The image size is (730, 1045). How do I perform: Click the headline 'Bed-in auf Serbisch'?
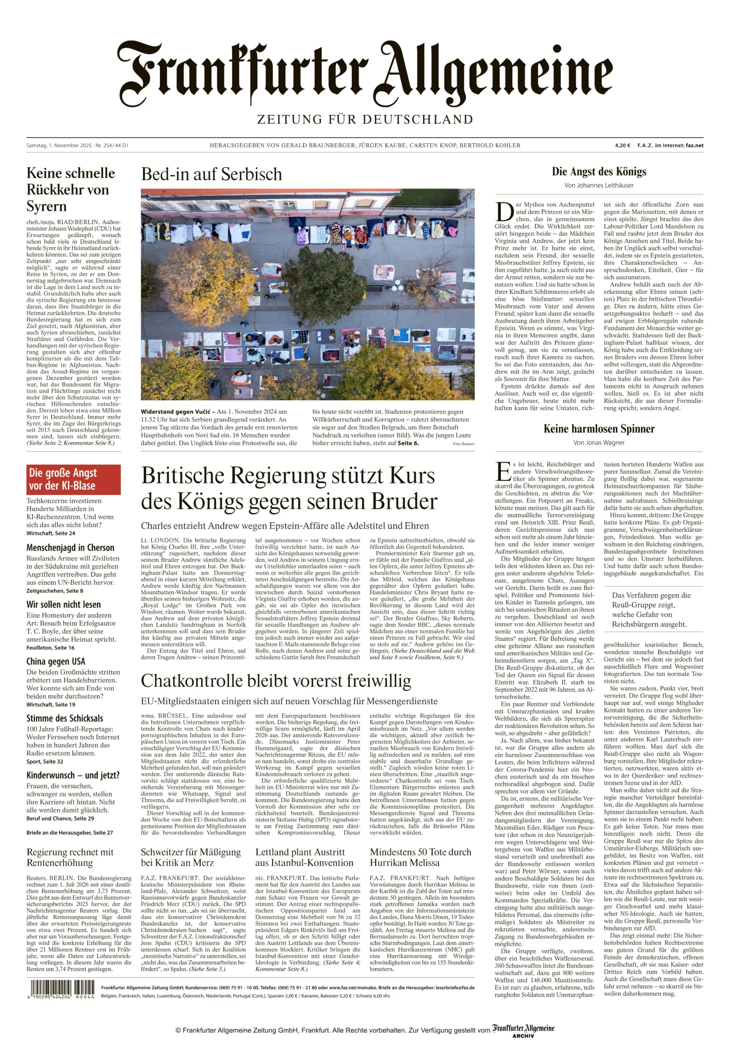pos(211,174)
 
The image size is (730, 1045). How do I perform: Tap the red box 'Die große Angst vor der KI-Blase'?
pos(73,479)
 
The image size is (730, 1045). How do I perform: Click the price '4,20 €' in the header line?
pos(622,145)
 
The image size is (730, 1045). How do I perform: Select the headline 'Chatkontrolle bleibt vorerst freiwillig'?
pos(276,681)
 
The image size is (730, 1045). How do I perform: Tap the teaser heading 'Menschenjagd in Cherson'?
pos(70,548)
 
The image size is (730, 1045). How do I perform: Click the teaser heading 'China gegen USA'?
pos(56,661)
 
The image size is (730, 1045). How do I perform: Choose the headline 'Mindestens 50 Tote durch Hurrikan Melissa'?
pos(420,857)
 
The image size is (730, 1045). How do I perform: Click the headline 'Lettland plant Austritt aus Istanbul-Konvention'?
pos(304,857)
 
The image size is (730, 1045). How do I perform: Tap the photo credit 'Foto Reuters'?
pos(463,444)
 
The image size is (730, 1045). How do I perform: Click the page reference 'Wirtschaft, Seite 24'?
pos(51,533)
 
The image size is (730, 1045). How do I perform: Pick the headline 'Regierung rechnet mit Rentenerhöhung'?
pos(70,857)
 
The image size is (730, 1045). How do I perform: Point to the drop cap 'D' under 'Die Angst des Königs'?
pos(504,212)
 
